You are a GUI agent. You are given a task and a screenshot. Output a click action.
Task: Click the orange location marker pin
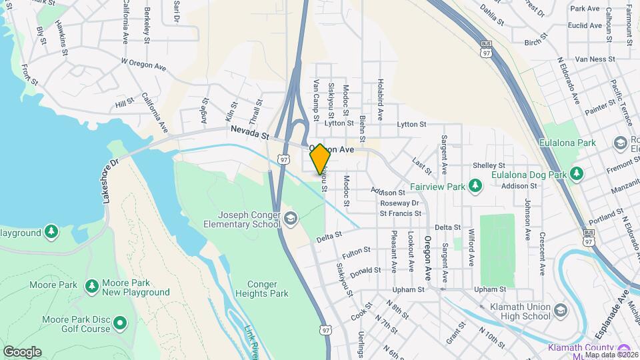320,159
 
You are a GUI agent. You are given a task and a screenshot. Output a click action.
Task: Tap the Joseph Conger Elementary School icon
290,218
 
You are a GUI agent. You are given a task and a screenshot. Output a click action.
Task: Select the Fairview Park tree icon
475,185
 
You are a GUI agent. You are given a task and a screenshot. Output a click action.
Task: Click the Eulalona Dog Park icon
577,175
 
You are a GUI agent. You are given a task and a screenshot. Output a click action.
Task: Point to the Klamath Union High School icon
560,311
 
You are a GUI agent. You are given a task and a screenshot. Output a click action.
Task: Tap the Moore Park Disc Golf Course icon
121,323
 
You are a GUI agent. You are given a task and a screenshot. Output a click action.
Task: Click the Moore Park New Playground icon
92,287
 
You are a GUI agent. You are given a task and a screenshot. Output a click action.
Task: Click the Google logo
22,351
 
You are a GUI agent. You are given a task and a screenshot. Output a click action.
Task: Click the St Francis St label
400,214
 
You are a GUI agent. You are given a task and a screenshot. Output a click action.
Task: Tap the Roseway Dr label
400,203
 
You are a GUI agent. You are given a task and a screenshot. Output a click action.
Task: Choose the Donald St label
365,271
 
